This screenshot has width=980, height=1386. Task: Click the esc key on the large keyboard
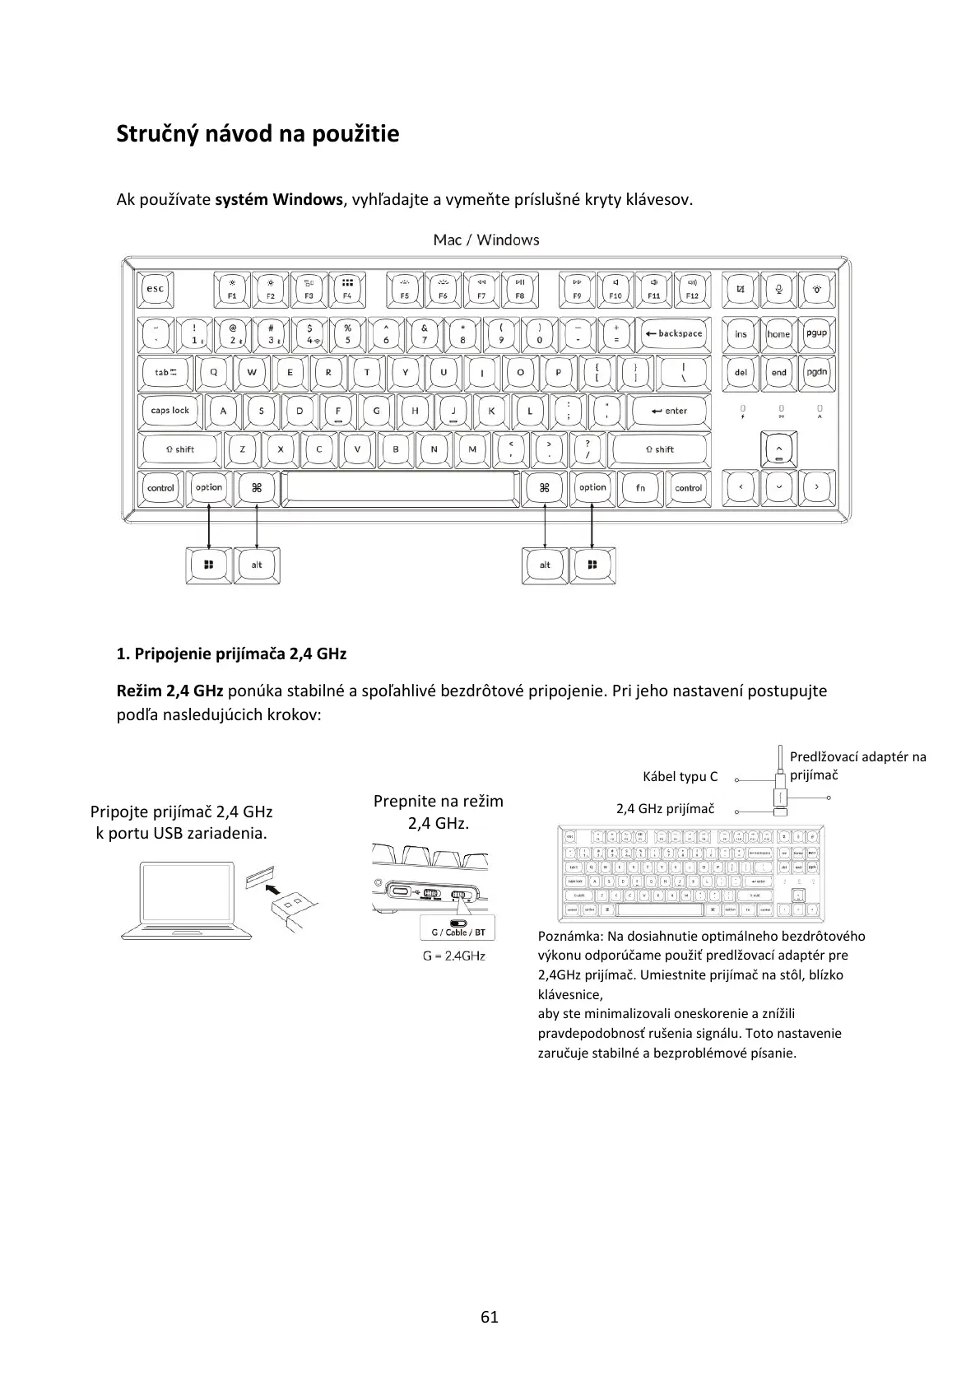point(155,289)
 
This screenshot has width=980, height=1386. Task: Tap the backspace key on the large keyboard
point(674,334)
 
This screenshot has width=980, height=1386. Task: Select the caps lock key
point(170,411)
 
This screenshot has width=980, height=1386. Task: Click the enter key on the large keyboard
point(669,411)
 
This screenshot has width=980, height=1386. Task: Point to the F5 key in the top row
point(404,289)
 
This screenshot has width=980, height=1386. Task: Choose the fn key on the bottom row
point(640,488)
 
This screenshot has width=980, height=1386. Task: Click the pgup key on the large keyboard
point(816,334)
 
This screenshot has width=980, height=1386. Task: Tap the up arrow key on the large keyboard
point(778,449)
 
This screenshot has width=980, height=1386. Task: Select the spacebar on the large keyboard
point(401,488)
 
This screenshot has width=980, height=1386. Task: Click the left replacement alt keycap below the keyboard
point(257,565)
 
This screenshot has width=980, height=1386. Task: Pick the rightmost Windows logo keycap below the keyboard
point(592,565)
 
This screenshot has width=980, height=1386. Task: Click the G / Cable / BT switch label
point(457,933)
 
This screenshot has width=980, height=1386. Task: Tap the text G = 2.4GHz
point(454,956)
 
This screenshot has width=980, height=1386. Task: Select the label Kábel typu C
point(680,776)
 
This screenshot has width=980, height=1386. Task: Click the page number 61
point(490,1317)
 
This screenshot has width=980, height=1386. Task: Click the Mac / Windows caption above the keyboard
point(486,240)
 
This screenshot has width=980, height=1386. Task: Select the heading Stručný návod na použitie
point(258,133)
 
